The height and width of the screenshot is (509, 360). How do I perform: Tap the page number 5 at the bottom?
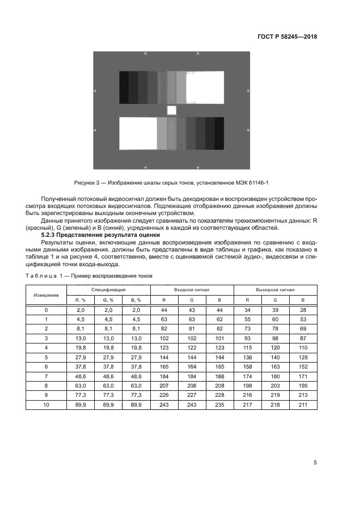coord(315,463)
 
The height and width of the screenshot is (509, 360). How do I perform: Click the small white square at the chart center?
coord(172,111)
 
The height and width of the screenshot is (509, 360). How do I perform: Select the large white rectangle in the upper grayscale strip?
coord(205,87)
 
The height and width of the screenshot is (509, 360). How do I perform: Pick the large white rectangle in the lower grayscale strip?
coord(138,133)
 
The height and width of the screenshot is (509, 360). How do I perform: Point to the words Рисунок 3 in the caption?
coord(88,183)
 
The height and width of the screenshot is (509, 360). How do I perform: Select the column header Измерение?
coord(46,295)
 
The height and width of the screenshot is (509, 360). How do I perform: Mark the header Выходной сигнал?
coord(275,290)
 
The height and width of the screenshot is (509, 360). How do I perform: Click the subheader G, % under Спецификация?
coord(107,300)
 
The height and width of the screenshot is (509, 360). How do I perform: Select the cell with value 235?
coord(219,405)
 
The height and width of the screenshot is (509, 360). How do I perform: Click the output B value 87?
coord(303,338)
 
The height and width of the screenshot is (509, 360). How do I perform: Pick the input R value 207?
coord(163,386)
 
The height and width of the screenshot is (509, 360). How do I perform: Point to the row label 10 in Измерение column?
coord(46,405)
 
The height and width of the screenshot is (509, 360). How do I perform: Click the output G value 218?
coord(275,405)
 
